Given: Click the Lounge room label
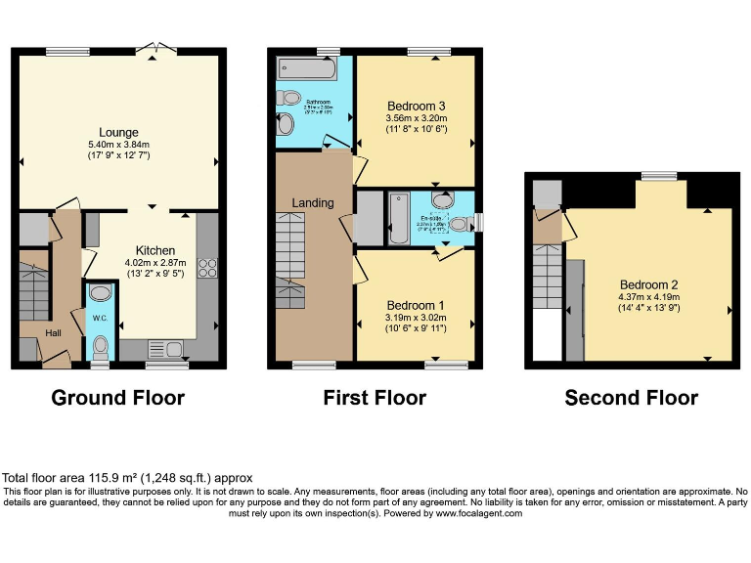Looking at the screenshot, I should click(x=118, y=132).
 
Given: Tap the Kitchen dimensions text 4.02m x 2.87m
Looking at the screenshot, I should click(x=155, y=262).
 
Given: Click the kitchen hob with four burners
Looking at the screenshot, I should click(x=207, y=267).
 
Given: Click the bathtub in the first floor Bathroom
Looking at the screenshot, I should click(x=306, y=68).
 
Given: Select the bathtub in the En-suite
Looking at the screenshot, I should click(x=399, y=218).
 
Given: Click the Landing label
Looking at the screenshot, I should click(x=313, y=202).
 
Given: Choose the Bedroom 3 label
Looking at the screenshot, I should click(x=417, y=107).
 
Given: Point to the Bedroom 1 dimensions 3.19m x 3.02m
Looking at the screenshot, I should click(x=417, y=317).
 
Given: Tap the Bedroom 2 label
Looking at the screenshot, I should click(x=648, y=284).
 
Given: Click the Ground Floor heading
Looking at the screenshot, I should click(x=117, y=398).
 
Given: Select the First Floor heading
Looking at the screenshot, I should click(x=375, y=398).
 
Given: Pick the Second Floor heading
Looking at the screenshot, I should click(x=631, y=398).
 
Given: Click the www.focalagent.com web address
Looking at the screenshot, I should click(x=479, y=513).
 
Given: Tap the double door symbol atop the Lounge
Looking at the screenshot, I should click(x=154, y=48).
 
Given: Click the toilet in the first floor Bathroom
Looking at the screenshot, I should click(x=288, y=98).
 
